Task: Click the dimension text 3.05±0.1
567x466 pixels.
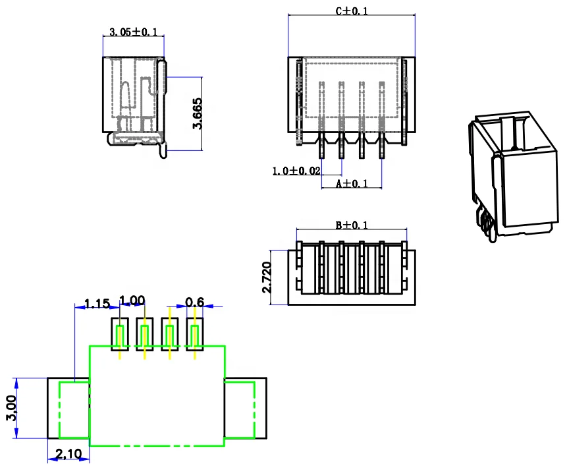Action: pyautogui.click(x=133, y=32)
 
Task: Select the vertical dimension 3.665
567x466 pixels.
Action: pyautogui.click(x=197, y=113)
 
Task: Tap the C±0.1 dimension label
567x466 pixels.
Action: pyautogui.click(x=352, y=11)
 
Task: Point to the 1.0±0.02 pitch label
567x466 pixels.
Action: pyautogui.click(x=296, y=171)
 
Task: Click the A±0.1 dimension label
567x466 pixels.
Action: pyautogui.click(x=352, y=184)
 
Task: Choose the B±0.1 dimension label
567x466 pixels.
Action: pyautogui.click(x=352, y=225)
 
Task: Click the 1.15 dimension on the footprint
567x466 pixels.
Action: pyautogui.click(x=97, y=304)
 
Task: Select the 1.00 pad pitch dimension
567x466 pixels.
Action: pyautogui.click(x=132, y=301)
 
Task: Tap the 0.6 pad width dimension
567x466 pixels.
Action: pyautogui.click(x=194, y=302)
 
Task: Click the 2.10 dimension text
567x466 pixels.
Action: pyautogui.click(x=68, y=453)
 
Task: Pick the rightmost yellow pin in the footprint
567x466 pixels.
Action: pyautogui.click(x=194, y=338)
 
